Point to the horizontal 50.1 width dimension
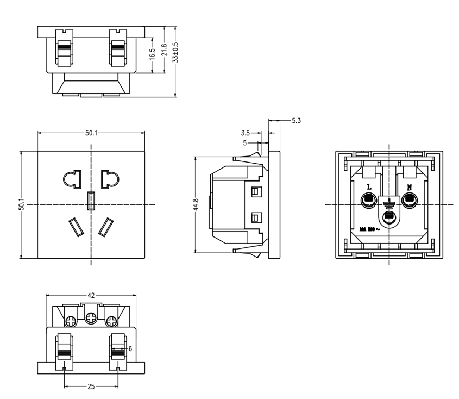91,132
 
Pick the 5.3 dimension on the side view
297,120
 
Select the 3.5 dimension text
245,132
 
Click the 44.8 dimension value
196,205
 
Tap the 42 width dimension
91,296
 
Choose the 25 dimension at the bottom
91,386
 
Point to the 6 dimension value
130,348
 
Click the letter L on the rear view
369,186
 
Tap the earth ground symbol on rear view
388,204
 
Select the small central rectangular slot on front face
91,201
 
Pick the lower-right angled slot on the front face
106,227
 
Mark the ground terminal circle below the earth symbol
388,217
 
